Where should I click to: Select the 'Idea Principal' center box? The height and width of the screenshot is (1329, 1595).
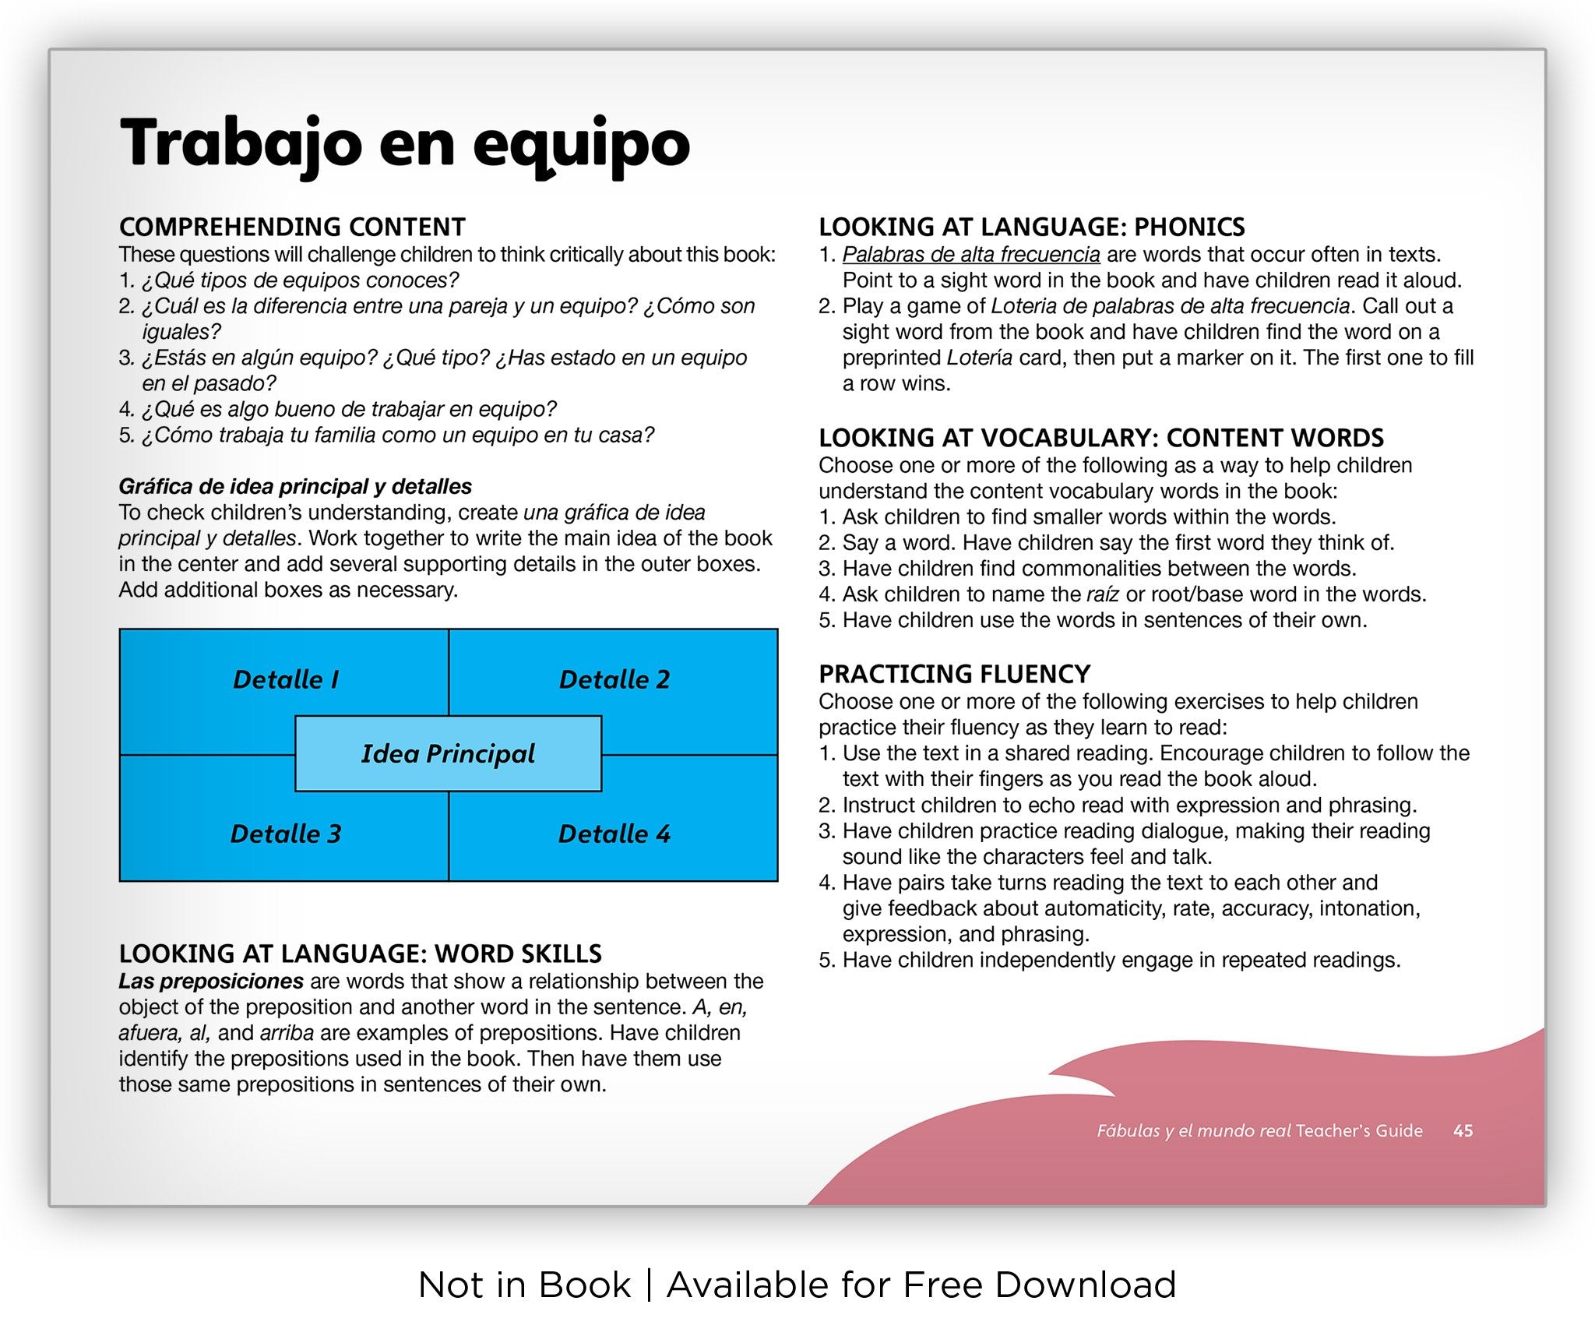click(x=448, y=753)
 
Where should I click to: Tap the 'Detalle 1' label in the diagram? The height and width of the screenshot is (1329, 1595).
click(x=286, y=679)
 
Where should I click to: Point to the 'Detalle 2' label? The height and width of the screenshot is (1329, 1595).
click(x=614, y=679)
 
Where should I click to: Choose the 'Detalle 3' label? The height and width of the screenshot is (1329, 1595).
click(x=286, y=834)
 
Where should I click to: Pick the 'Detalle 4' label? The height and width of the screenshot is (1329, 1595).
click(x=614, y=834)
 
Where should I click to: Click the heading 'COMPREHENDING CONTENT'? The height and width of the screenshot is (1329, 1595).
click(x=292, y=227)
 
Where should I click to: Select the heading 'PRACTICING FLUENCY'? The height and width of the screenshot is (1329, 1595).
click(x=954, y=673)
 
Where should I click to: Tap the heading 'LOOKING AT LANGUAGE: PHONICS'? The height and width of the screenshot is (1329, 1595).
click(x=1031, y=227)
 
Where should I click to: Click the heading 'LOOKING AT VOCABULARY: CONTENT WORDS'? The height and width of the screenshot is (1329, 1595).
click(x=1101, y=438)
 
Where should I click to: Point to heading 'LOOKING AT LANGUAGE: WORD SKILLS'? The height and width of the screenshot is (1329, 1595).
click(x=360, y=954)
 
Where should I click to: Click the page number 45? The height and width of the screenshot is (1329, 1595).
click(x=1463, y=1130)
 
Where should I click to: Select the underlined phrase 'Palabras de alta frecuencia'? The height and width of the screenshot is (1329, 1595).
click(x=971, y=255)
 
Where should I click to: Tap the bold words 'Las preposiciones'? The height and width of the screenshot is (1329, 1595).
click(x=211, y=981)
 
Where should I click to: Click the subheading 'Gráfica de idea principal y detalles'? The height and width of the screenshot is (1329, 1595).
click(x=295, y=486)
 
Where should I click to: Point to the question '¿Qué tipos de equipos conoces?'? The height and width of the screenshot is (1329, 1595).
click(x=301, y=280)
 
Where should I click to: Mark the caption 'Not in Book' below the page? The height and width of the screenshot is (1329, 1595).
click(x=524, y=1285)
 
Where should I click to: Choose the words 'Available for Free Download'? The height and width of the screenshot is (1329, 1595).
click(x=921, y=1285)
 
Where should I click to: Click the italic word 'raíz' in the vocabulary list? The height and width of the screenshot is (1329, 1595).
click(x=1103, y=594)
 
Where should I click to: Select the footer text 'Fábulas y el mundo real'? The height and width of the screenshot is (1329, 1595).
click(x=1194, y=1130)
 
